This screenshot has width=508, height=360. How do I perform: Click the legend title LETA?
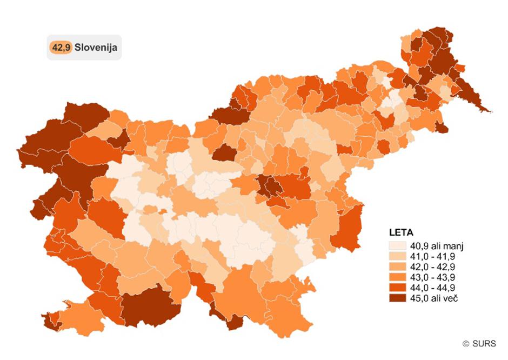point(400,233)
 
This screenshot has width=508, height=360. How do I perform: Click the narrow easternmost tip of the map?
point(490,111)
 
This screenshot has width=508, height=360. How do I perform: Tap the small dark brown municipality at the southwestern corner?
point(51,323)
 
